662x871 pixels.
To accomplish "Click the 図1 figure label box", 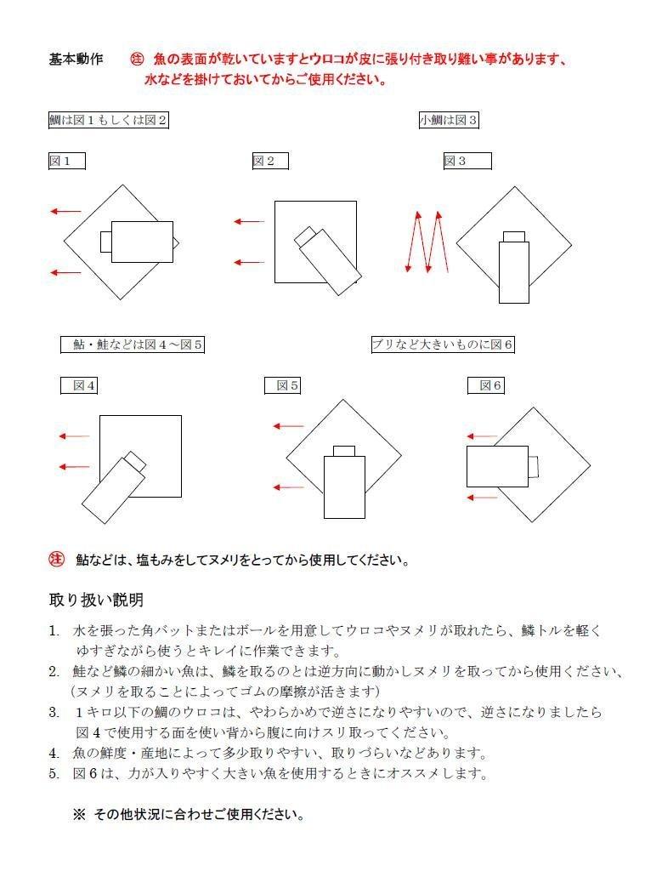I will click(66, 161).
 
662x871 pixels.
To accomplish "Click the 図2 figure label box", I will click(270, 161).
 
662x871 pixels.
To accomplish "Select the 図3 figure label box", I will click(467, 161).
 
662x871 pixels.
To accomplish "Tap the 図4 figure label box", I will click(79, 385).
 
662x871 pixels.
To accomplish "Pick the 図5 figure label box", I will click(283, 385).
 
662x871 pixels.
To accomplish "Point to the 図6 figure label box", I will click(486, 385).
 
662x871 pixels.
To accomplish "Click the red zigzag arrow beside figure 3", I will click(426, 242).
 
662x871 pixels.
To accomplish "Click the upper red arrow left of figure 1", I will click(65, 211).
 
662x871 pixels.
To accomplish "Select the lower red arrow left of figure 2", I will click(249, 263).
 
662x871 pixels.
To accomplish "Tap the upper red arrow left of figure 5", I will click(287, 426).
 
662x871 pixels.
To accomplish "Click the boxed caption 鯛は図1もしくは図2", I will click(108, 120).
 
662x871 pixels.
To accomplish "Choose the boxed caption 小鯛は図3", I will click(449, 120).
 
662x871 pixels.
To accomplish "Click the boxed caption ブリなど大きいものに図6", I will click(443, 344).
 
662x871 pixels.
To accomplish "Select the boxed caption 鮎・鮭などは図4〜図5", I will click(133, 344).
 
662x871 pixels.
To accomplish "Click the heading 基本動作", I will click(76, 60).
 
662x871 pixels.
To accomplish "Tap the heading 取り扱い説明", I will click(96, 601).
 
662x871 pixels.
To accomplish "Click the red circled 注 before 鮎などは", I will click(57, 559).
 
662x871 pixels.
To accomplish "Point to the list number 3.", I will click(54, 712).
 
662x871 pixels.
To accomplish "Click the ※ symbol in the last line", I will click(79, 814).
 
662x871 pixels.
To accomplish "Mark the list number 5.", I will click(54, 773).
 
